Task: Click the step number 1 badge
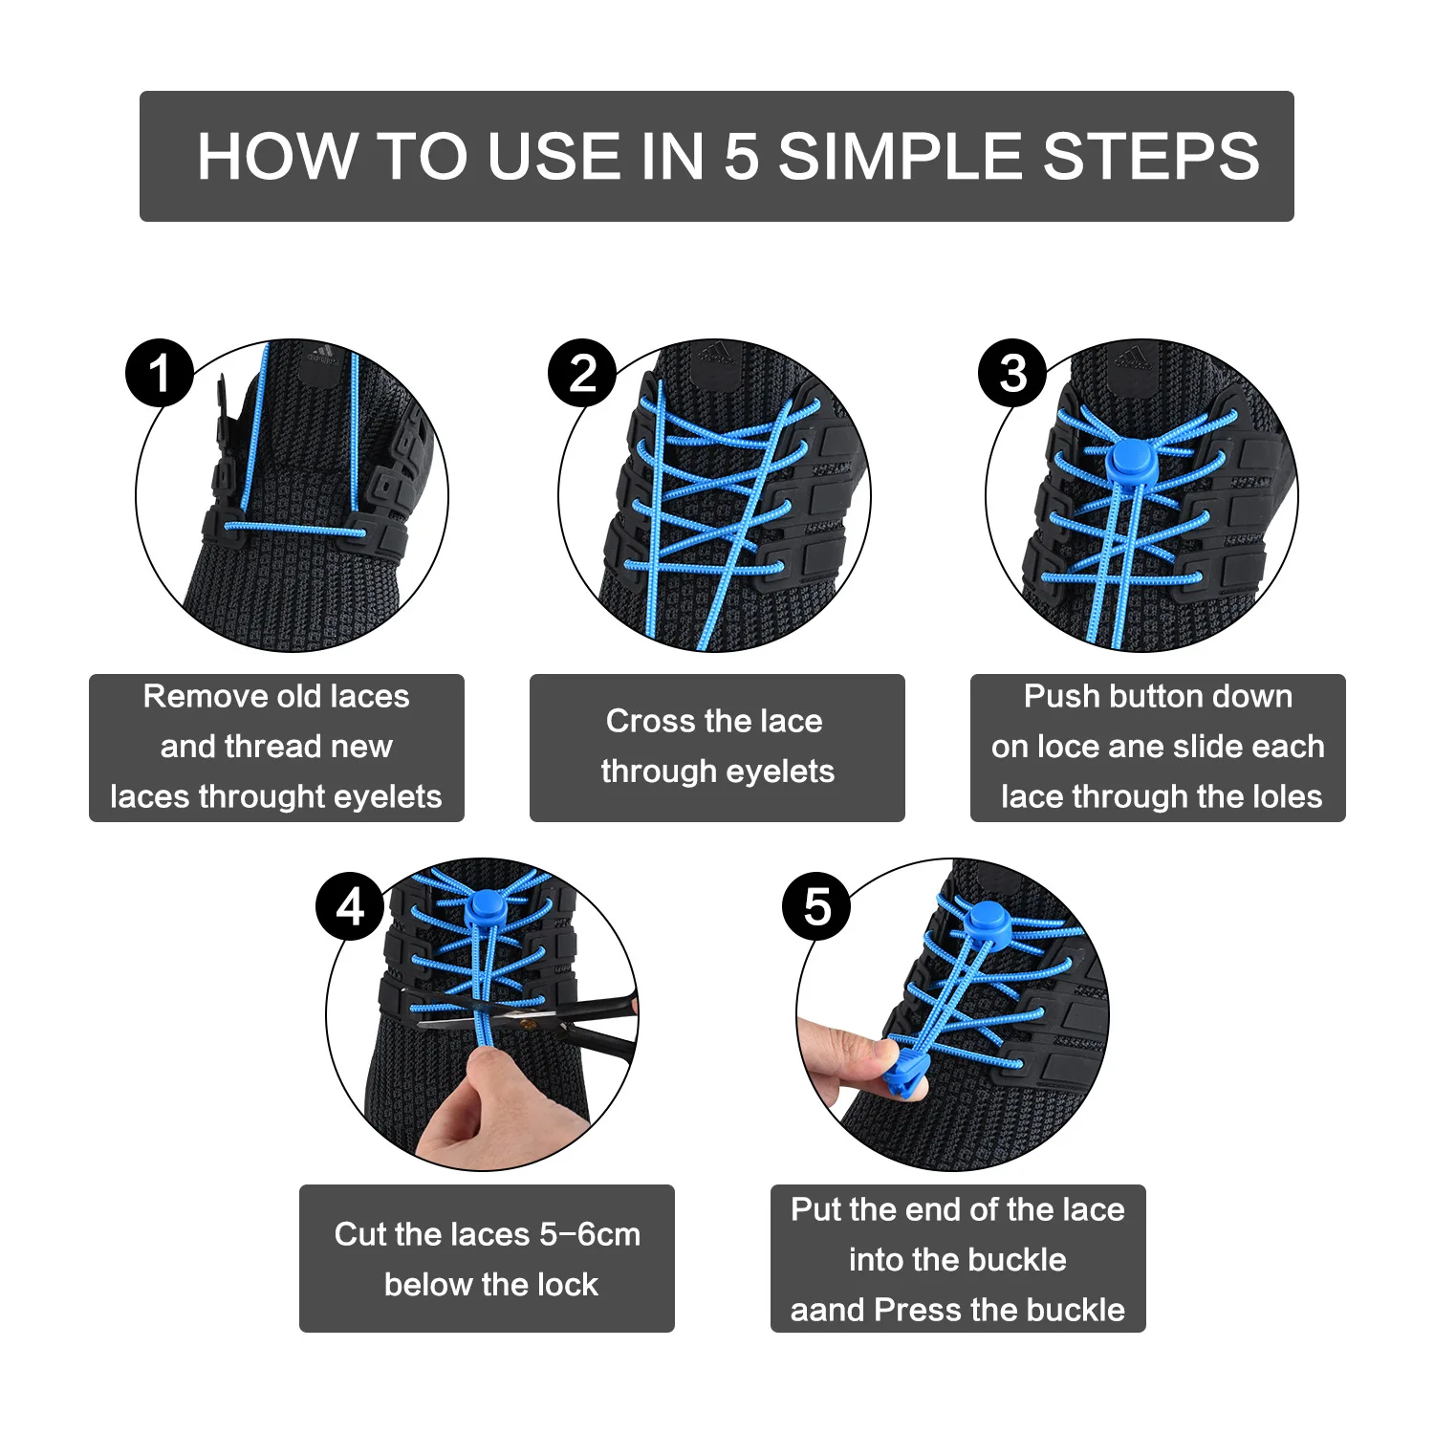coord(160,373)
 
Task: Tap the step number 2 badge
coord(582,373)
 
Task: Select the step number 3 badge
coord(1013,373)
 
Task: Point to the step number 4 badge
coord(351,906)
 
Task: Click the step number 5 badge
coord(816,906)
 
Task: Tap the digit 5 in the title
coord(741,157)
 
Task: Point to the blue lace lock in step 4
coord(487,906)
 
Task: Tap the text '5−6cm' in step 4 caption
coord(590,1234)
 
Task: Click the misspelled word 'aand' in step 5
coord(827,1310)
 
